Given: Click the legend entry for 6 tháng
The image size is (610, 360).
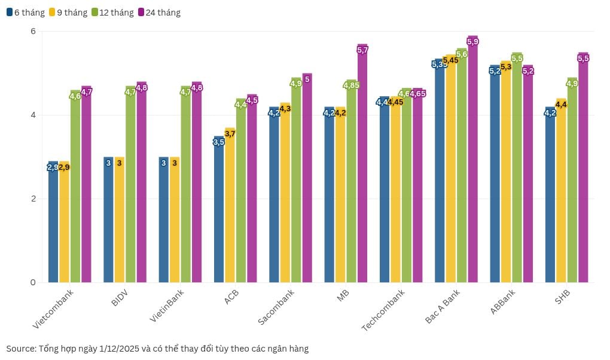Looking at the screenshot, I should [x=25, y=12].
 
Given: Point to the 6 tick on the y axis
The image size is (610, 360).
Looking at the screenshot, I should [x=33, y=31].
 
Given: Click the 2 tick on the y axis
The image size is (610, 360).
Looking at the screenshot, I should [x=33, y=199].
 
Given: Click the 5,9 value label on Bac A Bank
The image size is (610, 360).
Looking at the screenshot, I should [x=472, y=41].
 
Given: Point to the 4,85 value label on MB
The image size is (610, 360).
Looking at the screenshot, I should [x=351, y=86].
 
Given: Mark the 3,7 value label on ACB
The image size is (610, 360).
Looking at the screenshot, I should [x=230, y=133].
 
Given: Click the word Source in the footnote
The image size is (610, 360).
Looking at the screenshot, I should [x=20, y=348].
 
